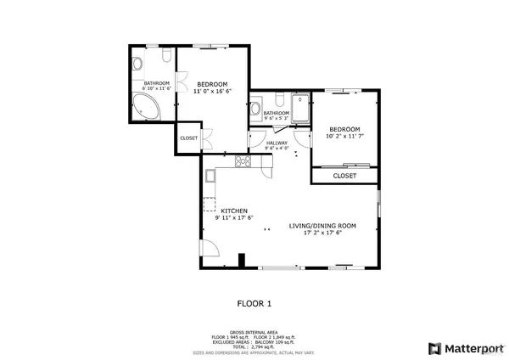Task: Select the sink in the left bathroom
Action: (x=166, y=56)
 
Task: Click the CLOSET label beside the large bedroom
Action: (x=188, y=138)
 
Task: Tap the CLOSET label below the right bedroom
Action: (x=344, y=176)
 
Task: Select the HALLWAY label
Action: (x=277, y=145)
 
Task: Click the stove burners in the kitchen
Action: (x=243, y=161)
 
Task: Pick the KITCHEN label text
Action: (x=234, y=214)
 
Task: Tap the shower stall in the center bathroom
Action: (x=300, y=108)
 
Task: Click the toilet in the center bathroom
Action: (x=256, y=110)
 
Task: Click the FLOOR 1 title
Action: (x=254, y=302)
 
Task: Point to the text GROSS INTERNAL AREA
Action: (x=255, y=332)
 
